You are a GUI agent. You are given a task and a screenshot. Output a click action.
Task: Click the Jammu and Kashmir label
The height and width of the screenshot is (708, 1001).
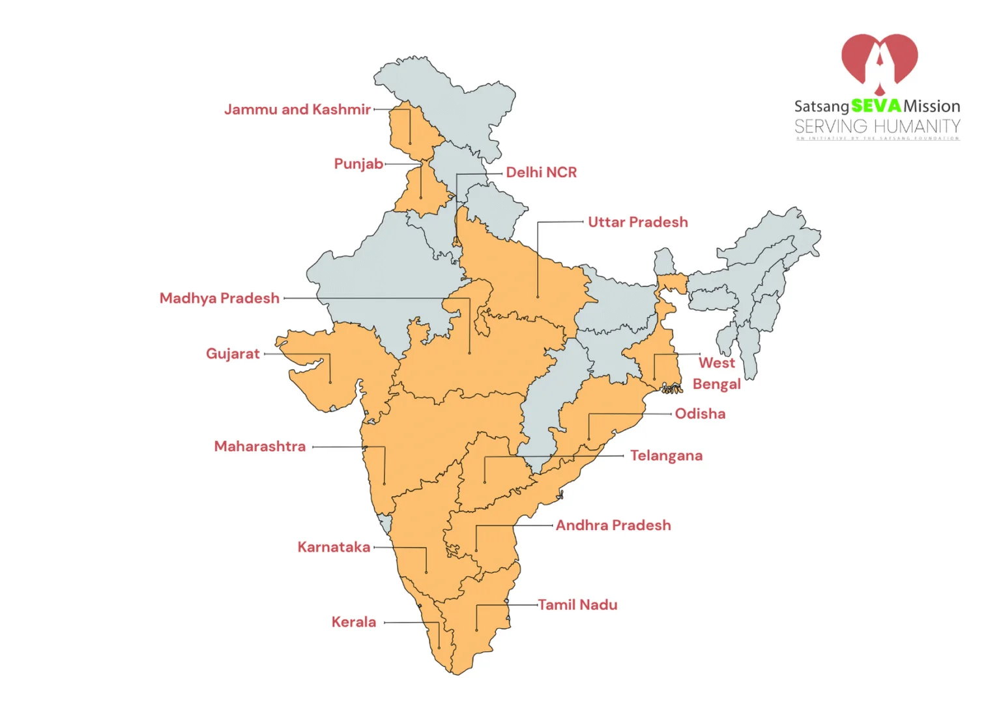(297, 110)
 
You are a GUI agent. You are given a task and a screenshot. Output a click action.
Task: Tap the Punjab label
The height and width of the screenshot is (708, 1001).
(358, 164)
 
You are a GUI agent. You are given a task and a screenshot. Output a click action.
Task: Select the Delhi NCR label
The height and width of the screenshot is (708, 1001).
(541, 173)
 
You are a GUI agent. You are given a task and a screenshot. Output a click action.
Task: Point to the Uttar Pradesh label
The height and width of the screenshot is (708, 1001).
(637, 222)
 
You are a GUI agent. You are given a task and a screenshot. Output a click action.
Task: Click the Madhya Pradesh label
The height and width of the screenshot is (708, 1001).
(220, 299)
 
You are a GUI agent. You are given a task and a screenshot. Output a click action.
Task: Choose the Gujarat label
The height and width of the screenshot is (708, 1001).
(233, 354)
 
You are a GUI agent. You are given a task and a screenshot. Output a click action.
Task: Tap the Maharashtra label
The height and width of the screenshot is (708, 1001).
(259, 447)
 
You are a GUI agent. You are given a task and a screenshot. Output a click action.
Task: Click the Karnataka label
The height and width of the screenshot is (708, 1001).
(334, 547)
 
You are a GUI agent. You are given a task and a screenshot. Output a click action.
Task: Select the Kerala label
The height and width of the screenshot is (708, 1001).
(353, 622)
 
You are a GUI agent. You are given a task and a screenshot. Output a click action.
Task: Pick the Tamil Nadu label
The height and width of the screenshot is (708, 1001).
(577, 605)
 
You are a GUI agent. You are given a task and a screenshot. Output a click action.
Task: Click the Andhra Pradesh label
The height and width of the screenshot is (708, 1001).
(613, 525)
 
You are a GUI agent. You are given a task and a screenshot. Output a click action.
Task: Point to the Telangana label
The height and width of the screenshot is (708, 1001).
(666, 456)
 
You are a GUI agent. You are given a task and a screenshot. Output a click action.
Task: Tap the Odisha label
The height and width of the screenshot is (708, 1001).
(700, 414)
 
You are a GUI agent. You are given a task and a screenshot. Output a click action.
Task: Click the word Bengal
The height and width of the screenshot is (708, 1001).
(716, 384)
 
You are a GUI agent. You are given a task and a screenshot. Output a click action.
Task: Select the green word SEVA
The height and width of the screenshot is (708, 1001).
(876, 106)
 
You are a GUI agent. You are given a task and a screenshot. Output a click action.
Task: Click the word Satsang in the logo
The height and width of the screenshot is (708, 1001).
(821, 106)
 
